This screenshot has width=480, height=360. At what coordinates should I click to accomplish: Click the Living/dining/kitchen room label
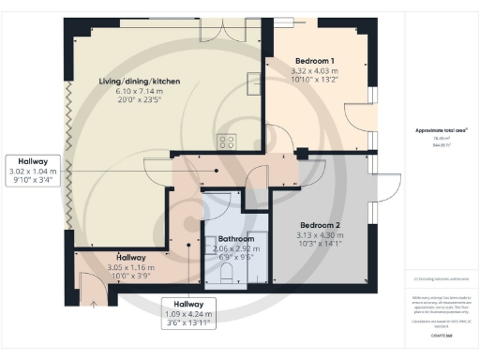[139, 82]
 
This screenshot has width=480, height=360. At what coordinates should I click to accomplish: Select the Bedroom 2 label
[318, 224]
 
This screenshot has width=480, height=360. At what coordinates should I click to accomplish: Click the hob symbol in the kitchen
[226, 142]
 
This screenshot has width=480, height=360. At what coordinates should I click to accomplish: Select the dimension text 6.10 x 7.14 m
[139, 92]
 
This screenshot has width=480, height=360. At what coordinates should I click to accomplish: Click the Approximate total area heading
[441, 128]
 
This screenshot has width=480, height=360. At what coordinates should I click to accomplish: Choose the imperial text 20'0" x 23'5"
[139, 101]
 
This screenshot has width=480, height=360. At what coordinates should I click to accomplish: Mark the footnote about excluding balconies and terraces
[441, 278]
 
